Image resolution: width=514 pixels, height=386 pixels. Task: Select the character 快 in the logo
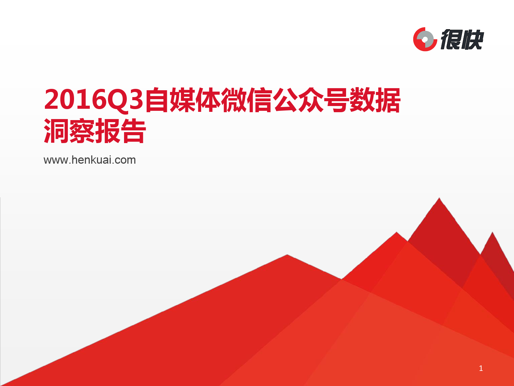[x=472, y=39]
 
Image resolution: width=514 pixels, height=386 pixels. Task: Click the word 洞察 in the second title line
[x=69, y=131]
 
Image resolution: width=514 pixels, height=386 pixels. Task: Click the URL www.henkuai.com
[x=90, y=160]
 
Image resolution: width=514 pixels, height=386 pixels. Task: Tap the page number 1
[x=481, y=369]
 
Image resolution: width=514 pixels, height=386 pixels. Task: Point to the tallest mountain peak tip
[x=439, y=198]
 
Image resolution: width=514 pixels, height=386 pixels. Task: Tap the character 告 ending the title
[x=133, y=131]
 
